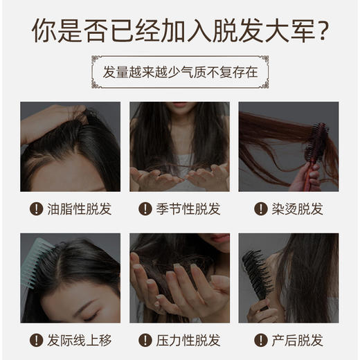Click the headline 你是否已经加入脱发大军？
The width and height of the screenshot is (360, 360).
pyautogui.click(x=180, y=30)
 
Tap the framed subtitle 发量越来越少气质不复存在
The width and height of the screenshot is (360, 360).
pyautogui.click(x=180, y=72)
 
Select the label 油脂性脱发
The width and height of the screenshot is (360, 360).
pyautogui.click(x=79, y=209)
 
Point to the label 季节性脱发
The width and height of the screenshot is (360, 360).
pyautogui.click(x=188, y=209)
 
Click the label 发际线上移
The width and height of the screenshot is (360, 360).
pyautogui.click(x=79, y=340)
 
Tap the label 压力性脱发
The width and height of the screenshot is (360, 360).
pyautogui.click(x=188, y=340)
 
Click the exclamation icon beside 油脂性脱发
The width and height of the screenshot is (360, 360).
pyautogui.click(x=36, y=209)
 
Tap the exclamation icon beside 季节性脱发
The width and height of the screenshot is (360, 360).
pyautogui.click(x=145, y=209)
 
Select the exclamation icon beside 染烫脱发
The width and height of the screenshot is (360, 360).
pyautogui.click(x=261, y=209)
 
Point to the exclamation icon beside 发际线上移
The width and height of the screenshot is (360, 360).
pyautogui.click(x=36, y=340)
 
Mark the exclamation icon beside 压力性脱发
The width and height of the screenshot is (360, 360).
pyautogui.click(x=145, y=340)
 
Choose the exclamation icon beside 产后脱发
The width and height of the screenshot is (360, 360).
pyautogui.click(x=261, y=340)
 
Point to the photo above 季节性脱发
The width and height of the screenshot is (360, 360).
pyautogui.click(x=179, y=147)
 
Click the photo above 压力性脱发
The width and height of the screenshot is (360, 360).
pyautogui.click(x=179, y=278)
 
